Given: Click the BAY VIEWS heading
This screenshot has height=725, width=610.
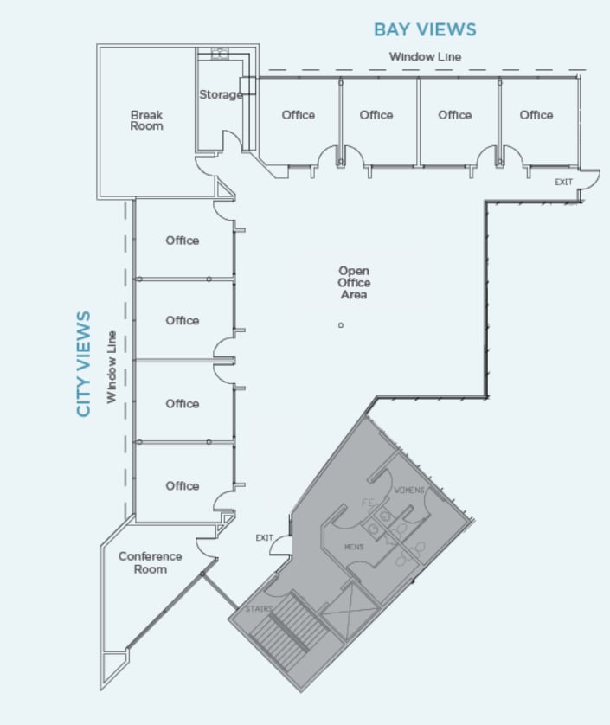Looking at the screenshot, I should point(425,29).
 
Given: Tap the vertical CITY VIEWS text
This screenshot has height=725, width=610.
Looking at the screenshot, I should point(84,363).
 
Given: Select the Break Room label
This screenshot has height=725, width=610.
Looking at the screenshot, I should point(146,120).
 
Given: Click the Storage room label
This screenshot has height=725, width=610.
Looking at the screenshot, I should point(221,94).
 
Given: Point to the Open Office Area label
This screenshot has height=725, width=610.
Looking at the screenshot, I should point(354,283).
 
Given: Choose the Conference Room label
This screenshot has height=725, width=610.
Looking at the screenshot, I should point(150,562).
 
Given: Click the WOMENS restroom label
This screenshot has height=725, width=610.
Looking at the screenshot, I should point(409,491).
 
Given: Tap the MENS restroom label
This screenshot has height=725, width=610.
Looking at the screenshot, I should point(354,547).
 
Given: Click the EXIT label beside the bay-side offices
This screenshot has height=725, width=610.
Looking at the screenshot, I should point(563,182).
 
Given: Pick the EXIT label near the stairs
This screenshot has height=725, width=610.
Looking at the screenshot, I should point(264,538).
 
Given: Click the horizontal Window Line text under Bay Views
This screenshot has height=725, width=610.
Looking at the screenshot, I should point(425,57).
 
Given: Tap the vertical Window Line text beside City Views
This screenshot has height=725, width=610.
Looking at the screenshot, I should point(112,367).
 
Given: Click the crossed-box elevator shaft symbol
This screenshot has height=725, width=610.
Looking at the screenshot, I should point(350,611).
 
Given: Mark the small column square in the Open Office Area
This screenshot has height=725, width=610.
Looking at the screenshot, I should point(341,325).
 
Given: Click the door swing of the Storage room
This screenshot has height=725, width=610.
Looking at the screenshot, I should point(232,144).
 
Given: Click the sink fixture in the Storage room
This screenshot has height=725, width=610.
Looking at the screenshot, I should point(220,54).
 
